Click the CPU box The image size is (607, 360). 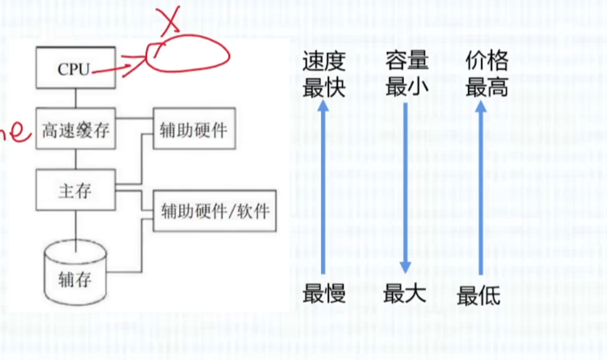click(74, 68)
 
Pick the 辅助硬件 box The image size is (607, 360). click(193, 129)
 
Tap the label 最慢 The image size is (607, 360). click(323, 294)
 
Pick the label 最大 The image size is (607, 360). click(404, 294)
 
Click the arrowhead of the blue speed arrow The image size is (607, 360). click(324, 106)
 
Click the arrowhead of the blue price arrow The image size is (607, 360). click(482, 106)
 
